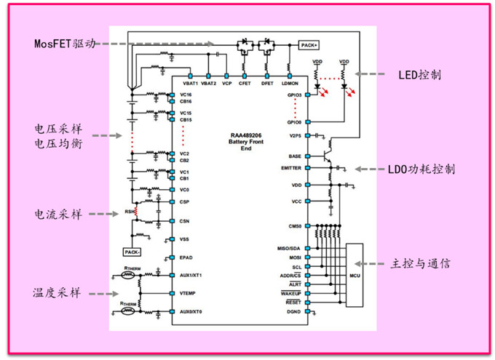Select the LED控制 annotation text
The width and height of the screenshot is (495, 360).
tap(419, 74)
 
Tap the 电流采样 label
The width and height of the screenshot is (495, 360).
tap(58, 215)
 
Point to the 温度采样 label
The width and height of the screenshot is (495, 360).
tap(58, 292)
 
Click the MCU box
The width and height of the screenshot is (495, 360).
tap(355, 276)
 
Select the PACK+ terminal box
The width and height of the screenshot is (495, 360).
tap(308, 45)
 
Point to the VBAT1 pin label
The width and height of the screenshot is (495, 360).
tap(190, 84)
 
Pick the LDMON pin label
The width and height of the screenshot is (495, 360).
tap(290, 84)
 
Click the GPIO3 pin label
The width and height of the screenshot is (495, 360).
tap(293, 95)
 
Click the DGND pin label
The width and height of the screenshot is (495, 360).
tap(293, 311)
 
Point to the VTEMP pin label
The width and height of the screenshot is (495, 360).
tap(188, 293)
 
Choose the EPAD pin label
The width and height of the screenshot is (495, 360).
tap(186, 257)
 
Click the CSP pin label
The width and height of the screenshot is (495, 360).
tap(184, 201)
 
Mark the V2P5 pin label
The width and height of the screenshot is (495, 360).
tap(294, 136)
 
